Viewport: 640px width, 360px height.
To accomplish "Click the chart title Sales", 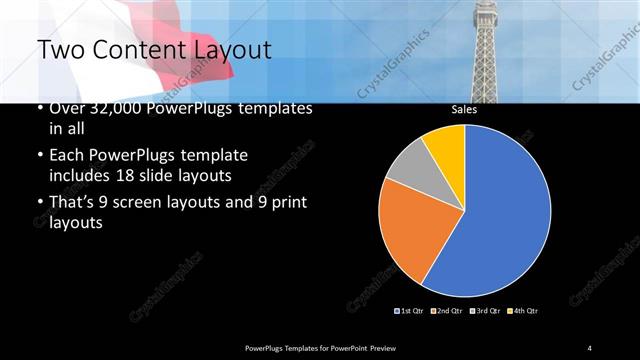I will click(x=463, y=110).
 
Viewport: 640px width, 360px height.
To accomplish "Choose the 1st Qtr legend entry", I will click(x=410, y=311).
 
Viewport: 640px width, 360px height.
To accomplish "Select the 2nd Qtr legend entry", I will click(x=448, y=311).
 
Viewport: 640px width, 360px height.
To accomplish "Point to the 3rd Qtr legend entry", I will click(x=486, y=311).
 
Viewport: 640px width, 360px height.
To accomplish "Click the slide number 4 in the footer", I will click(x=590, y=346).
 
